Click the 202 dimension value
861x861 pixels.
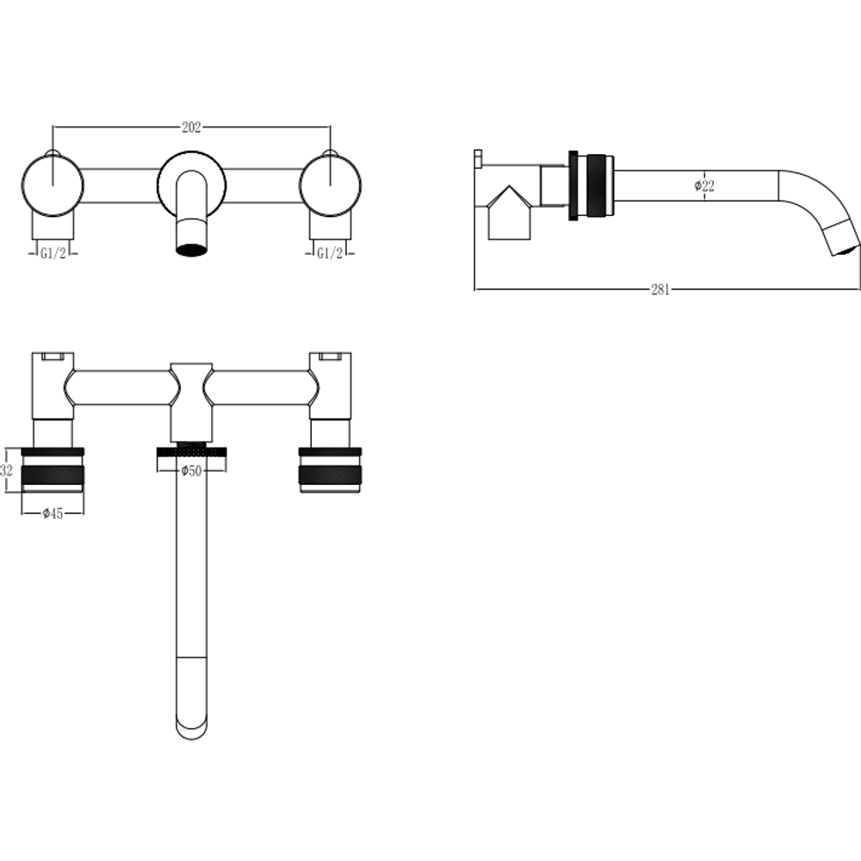tap(191, 127)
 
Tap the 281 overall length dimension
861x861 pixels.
tap(660, 289)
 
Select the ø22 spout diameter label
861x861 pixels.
tap(704, 186)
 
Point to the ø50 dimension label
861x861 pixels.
tap(191, 471)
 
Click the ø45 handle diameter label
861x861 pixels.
tap(53, 513)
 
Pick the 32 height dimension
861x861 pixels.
tap(7, 471)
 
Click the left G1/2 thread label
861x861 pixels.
tap(53, 253)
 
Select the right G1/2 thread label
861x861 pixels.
tap(330, 253)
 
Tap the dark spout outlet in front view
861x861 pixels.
tap(191, 250)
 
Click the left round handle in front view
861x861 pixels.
tap(53, 185)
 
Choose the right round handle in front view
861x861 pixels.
tap(330, 185)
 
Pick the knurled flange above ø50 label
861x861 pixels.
tap(191, 451)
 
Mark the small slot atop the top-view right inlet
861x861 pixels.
tap(330, 357)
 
